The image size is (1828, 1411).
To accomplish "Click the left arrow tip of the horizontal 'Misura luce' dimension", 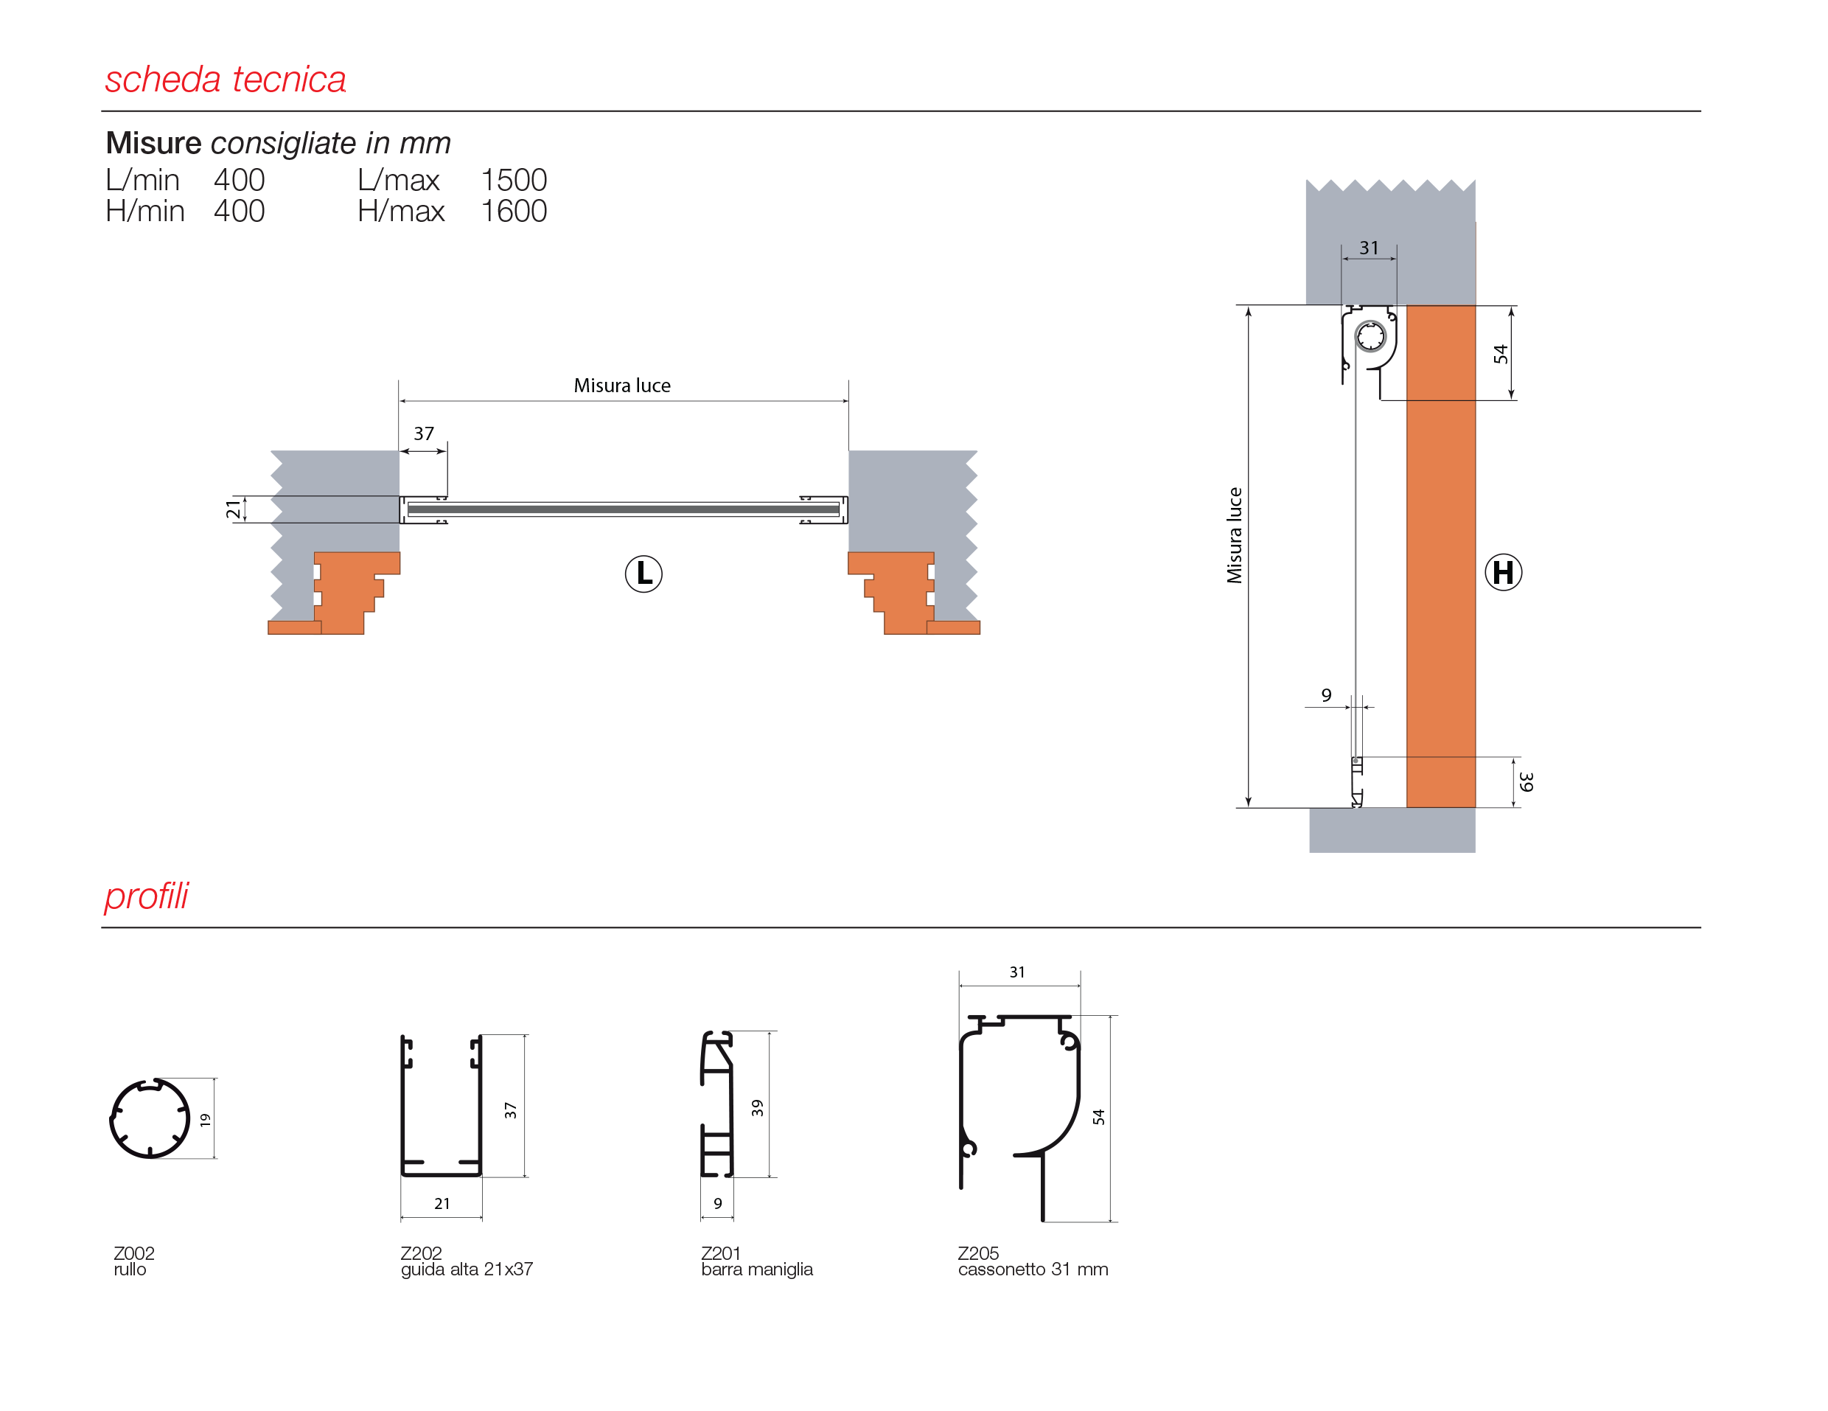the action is [x=400, y=401].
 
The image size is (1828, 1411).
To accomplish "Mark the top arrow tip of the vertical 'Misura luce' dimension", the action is [x=1248, y=307].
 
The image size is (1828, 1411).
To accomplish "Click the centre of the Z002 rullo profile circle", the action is [x=150, y=1118].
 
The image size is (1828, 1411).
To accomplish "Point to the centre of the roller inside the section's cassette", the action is [x=1370, y=336].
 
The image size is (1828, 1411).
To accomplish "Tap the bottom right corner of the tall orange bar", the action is [x=1475, y=807].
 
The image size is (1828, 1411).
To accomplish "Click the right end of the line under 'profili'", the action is [x=1700, y=927].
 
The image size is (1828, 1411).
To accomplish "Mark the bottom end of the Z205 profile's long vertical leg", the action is [x=1043, y=1221].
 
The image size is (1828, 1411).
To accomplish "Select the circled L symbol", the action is [x=643, y=574].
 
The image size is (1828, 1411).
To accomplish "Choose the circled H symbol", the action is [x=1503, y=572].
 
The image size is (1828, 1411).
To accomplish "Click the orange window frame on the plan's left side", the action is [x=343, y=593].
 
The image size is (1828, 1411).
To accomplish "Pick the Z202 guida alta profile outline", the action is [x=441, y=1106].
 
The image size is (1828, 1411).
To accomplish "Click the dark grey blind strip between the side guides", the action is [x=624, y=509].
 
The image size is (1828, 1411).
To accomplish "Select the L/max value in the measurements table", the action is [x=513, y=180].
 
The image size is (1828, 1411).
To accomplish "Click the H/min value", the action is [x=240, y=211].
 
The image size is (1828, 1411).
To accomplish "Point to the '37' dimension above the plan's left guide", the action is [x=424, y=433].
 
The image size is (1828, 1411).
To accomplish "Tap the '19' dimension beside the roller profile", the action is [x=205, y=1120].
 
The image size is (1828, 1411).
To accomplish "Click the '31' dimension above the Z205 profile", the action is [x=1017, y=972].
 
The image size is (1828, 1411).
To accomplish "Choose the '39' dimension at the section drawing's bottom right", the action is [x=1527, y=781].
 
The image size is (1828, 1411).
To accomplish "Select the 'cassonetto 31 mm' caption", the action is [x=1033, y=1269].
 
